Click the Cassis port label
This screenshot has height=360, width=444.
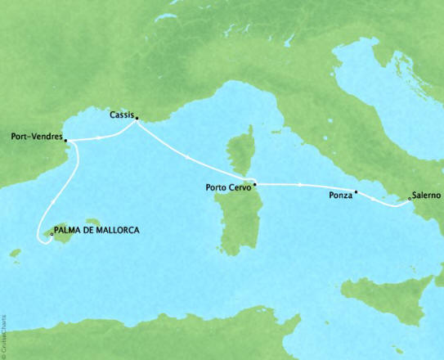[121, 116]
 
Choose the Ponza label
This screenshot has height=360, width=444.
[339, 197]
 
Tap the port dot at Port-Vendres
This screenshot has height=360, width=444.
[65, 140]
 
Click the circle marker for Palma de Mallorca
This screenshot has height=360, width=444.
[52, 235]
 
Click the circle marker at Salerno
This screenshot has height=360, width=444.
[409, 197]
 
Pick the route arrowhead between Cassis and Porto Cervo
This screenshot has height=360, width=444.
[189, 155]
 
